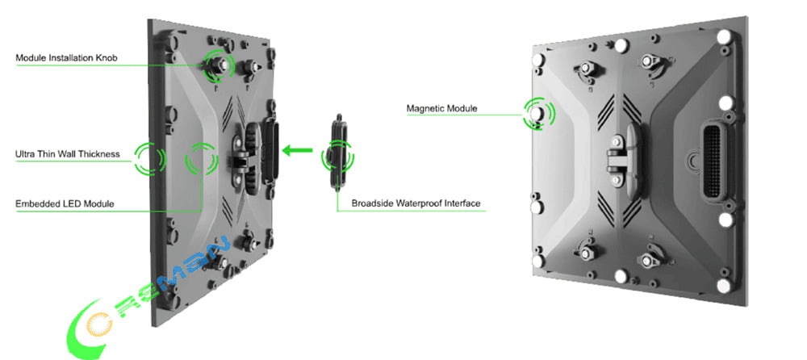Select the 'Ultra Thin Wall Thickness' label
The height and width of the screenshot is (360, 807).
click(x=68, y=153)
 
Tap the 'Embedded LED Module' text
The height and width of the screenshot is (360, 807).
click(x=65, y=203)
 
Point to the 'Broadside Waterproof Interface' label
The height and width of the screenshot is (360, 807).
click(x=416, y=203)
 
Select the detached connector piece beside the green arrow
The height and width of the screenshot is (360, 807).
click(x=337, y=152)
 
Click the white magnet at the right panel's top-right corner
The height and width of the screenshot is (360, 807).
click(x=724, y=37)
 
